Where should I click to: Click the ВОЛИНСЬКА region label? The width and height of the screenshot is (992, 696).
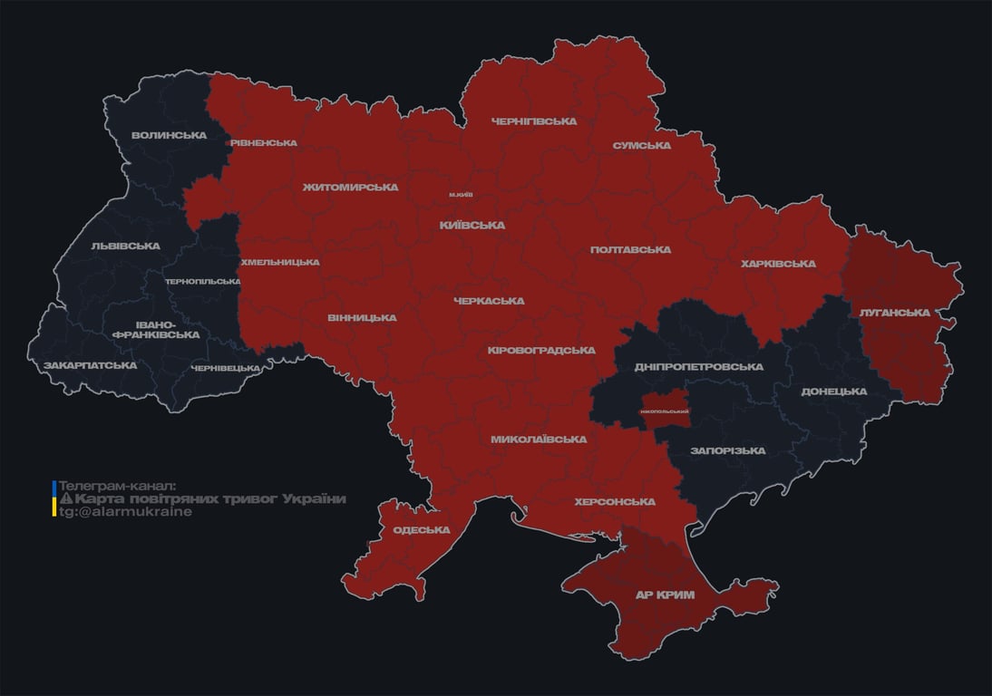pyautogui.click(x=169, y=136)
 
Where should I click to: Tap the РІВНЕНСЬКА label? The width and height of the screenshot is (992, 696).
pyautogui.click(x=263, y=143)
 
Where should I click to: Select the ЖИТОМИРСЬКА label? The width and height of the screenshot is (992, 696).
pyautogui.click(x=350, y=188)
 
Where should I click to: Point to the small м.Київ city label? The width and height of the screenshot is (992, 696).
pyautogui.click(x=461, y=195)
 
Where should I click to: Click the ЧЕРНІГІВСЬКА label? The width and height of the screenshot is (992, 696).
pyautogui.click(x=534, y=121)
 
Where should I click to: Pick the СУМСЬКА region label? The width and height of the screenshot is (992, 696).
pyautogui.click(x=641, y=145)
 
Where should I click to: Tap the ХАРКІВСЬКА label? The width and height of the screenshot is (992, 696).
pyautogui.click(x=778, y=264)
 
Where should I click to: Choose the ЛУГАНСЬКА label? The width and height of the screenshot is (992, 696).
pyautogui.click(x=895, y=313)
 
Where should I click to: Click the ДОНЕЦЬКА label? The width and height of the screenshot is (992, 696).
pyautogui.click(x=833, y=391)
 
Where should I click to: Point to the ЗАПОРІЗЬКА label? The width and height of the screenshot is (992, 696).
pyautogui.click(x=727, y=450)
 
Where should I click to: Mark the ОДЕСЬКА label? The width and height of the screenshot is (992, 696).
pyautogui.click(x=422, y=530)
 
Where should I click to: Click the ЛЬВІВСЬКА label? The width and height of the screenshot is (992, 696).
pyautogui.click(x=125, y=246)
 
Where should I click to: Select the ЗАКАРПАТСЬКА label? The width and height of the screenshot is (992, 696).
pyautogui.click(x=90, y=365)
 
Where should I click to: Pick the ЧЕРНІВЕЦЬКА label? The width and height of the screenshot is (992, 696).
pyautogui.click(x=226, y=368)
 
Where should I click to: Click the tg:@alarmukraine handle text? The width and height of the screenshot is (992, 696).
pyautogui.click(x=125, y=512)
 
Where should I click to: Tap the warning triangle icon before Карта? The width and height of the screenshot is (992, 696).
pyautogui.click(x=65, y=499)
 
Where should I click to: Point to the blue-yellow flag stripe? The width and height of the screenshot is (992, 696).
pyautogui.click(x=54, y=498)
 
